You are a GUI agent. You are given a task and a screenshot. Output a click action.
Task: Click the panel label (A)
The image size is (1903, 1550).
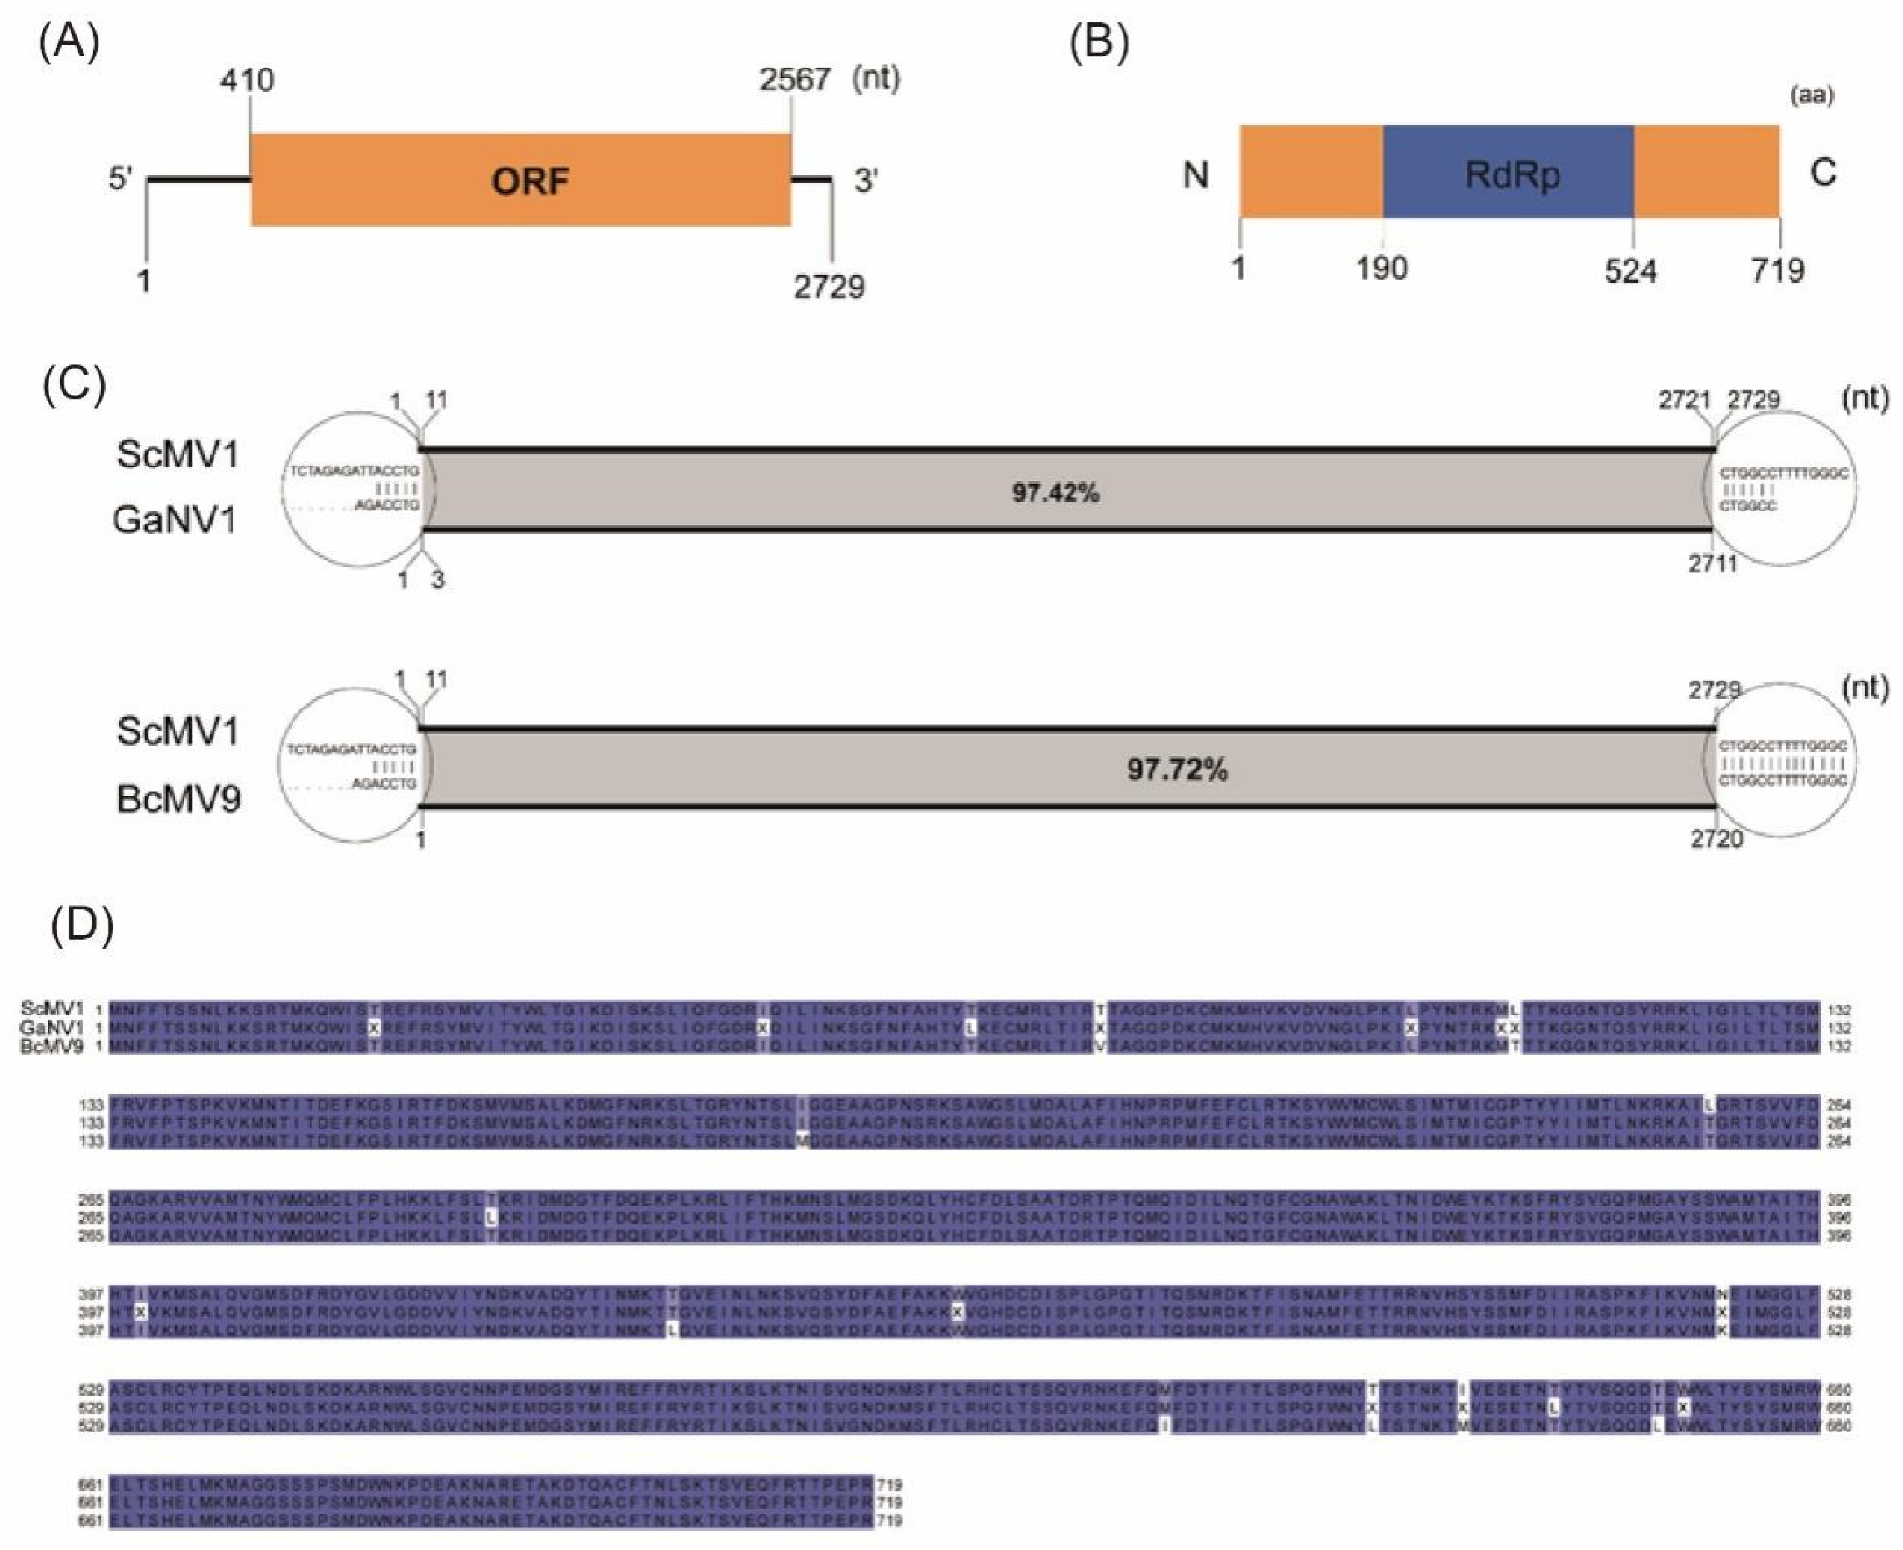point(69,43)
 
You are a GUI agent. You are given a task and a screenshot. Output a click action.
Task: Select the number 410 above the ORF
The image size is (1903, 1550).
point(247,80)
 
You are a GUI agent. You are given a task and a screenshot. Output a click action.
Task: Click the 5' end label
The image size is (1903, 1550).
point(120,179)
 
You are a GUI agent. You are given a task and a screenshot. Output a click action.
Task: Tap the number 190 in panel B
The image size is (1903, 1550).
point(1382,268)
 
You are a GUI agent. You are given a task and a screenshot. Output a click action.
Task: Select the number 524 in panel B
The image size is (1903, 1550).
point(1631,270)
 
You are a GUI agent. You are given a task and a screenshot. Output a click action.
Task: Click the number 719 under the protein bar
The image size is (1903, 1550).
point(1777,270)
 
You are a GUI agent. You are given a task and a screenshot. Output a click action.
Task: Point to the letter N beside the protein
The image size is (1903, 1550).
point(1196,174)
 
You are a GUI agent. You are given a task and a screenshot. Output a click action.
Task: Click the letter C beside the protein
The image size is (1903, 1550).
point(1822,172)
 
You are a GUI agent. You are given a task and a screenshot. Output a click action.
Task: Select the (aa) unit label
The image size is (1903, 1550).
point(1812,95)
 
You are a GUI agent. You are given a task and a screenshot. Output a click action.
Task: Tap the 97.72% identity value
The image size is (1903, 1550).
point(1177,769)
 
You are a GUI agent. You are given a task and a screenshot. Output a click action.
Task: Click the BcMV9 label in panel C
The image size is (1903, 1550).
point(179,798)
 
